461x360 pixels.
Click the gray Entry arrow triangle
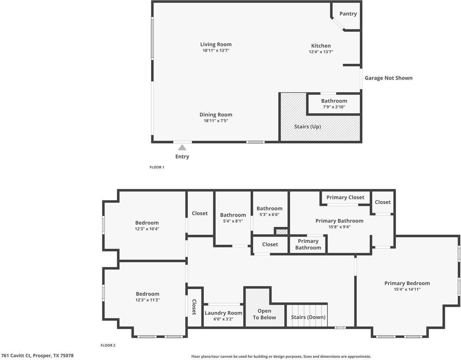click(x=182, y=147)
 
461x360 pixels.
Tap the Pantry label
click(x=348, y=14)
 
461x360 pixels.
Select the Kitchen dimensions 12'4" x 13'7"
click(x=321, y=52)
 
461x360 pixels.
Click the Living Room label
click(x=216, y=44)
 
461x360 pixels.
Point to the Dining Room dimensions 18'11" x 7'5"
click(x=216, y=121)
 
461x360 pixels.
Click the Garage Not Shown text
click(x=389, y=78)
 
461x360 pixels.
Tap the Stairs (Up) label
click(x=308, y=127)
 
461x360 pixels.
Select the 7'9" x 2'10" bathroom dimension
click(x=334, y=107)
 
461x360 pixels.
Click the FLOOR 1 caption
click(x=157, y=167)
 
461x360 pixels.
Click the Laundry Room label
click(x=223, y=313)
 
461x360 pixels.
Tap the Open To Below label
click(x=264, y=314)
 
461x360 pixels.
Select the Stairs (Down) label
click(x=308, y=317)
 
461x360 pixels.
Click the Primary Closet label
click(x=345, y=197)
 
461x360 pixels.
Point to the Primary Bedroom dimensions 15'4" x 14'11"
click(x=407, y=289)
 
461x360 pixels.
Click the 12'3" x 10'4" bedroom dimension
click(x=147, y=229)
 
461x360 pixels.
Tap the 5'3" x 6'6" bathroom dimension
click(x=269, y=214)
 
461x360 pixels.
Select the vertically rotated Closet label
click(x=194, y=307)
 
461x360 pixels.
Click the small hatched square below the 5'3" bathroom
click(x=282, y=232)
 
